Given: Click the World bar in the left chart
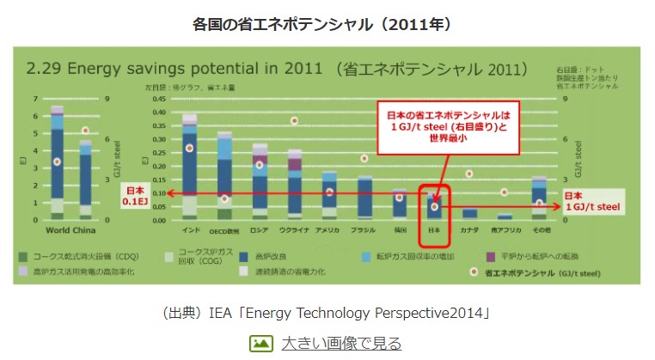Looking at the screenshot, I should (x=58, y=163).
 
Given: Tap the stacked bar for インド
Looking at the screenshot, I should (x=190, y=168).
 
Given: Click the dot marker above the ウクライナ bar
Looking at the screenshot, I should (x=295, y=121).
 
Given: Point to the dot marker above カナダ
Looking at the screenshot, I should (x=469, y=174).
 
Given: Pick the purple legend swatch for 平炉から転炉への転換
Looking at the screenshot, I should (x=491, y=255).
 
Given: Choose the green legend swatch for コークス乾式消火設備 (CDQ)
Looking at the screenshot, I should (x=23, y=255).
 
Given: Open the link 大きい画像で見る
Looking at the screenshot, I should (x=341, y=344).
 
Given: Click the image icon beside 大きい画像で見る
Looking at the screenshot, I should (x=261, y=344).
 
